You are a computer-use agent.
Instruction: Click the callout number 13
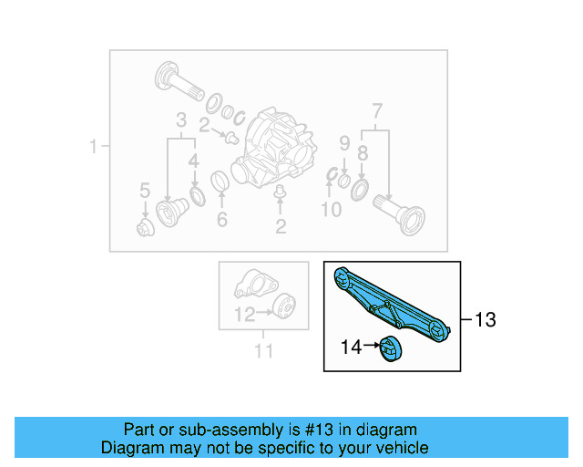[486, 320]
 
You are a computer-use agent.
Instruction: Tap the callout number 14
[351, 347]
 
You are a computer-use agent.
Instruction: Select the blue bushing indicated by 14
[390, 348]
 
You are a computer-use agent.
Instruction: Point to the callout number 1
[92, 147]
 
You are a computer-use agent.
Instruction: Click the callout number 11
[263, 350]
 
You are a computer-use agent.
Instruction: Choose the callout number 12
[243, 315]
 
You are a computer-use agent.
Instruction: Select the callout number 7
[376, 114]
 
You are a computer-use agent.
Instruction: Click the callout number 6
[220, 219]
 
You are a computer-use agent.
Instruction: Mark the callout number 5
[144, 191]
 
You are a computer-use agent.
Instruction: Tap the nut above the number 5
[145, 227]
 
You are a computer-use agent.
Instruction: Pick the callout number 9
[344, 143]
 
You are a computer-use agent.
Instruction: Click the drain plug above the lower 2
[281, 193]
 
